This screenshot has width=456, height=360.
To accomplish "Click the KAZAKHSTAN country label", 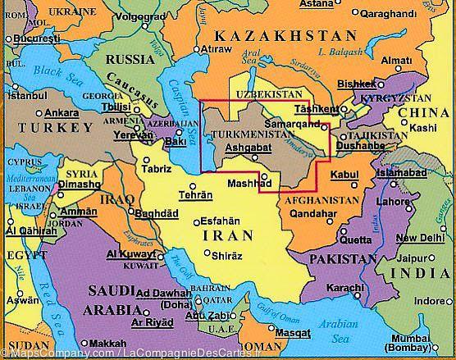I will [285, 36].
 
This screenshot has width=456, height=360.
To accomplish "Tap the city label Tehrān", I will [196, 195].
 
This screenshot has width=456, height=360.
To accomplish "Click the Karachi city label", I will [344, 288].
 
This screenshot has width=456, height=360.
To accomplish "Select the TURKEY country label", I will [52, 129].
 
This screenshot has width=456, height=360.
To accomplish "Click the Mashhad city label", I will [244, 183].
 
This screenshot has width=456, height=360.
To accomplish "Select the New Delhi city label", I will [414, 239].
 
